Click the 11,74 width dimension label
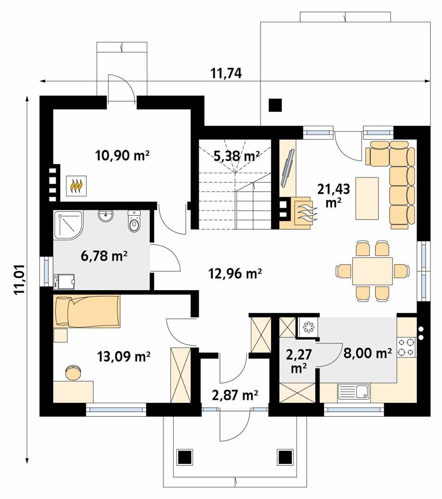[226, 73]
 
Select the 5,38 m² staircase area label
[236, 156]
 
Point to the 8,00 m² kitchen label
[368, 353]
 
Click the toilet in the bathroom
[134, 223]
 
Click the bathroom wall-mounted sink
[106, 216]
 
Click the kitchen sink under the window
[353, 392]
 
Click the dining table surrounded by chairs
[372, 271]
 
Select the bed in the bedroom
[87, 311]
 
